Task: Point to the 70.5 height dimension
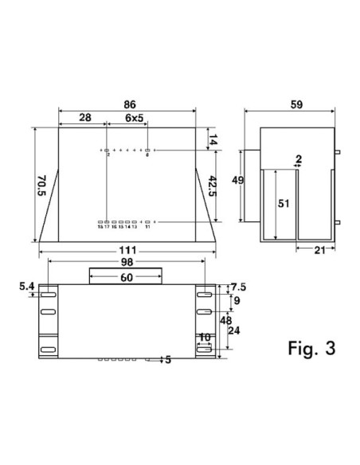25,184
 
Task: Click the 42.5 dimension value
211,185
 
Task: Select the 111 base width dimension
127,252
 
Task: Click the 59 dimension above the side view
296,104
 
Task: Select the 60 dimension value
127,277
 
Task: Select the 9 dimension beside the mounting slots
236,301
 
